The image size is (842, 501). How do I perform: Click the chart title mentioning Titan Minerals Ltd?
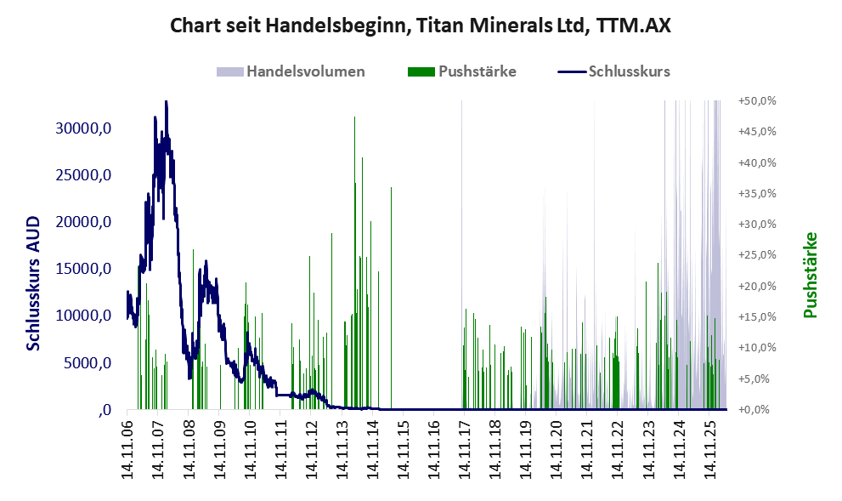pyautogui.click(x=421, y=26)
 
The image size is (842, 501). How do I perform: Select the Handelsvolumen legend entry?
pyautogui.click(x=291, y=71)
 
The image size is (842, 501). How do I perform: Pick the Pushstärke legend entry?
pyautogui.click(x=462, y=71)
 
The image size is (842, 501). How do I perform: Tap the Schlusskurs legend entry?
pyautogui.click(x=613, y=71)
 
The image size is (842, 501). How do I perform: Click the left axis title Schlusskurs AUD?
pyautogui.click(x=33, y=283)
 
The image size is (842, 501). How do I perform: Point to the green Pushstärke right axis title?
pyautogui.click(x=810, y=275)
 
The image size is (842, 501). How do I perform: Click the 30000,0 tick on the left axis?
pyautogui.click(x=84, y=128)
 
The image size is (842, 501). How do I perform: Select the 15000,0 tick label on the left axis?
pyautogui.click(x=84, y=269)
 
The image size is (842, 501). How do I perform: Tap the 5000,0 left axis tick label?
pyautogui.click(x=88, y=363)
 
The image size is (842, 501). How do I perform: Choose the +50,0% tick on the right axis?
pyautogui.click(x=757, y=101)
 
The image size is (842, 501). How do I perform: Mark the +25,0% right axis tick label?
pyautogui.click(x=757, y=255)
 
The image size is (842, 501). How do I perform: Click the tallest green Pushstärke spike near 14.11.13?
pyautogui.click(x=354, y=263)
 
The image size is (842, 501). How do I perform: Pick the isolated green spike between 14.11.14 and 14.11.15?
pyautogui.click(x=391, y=299)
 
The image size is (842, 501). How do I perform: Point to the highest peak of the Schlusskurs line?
pyautogui.click(x=167, y=102)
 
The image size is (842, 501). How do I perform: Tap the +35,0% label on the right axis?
pyautogui.click(x=757, y=194)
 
